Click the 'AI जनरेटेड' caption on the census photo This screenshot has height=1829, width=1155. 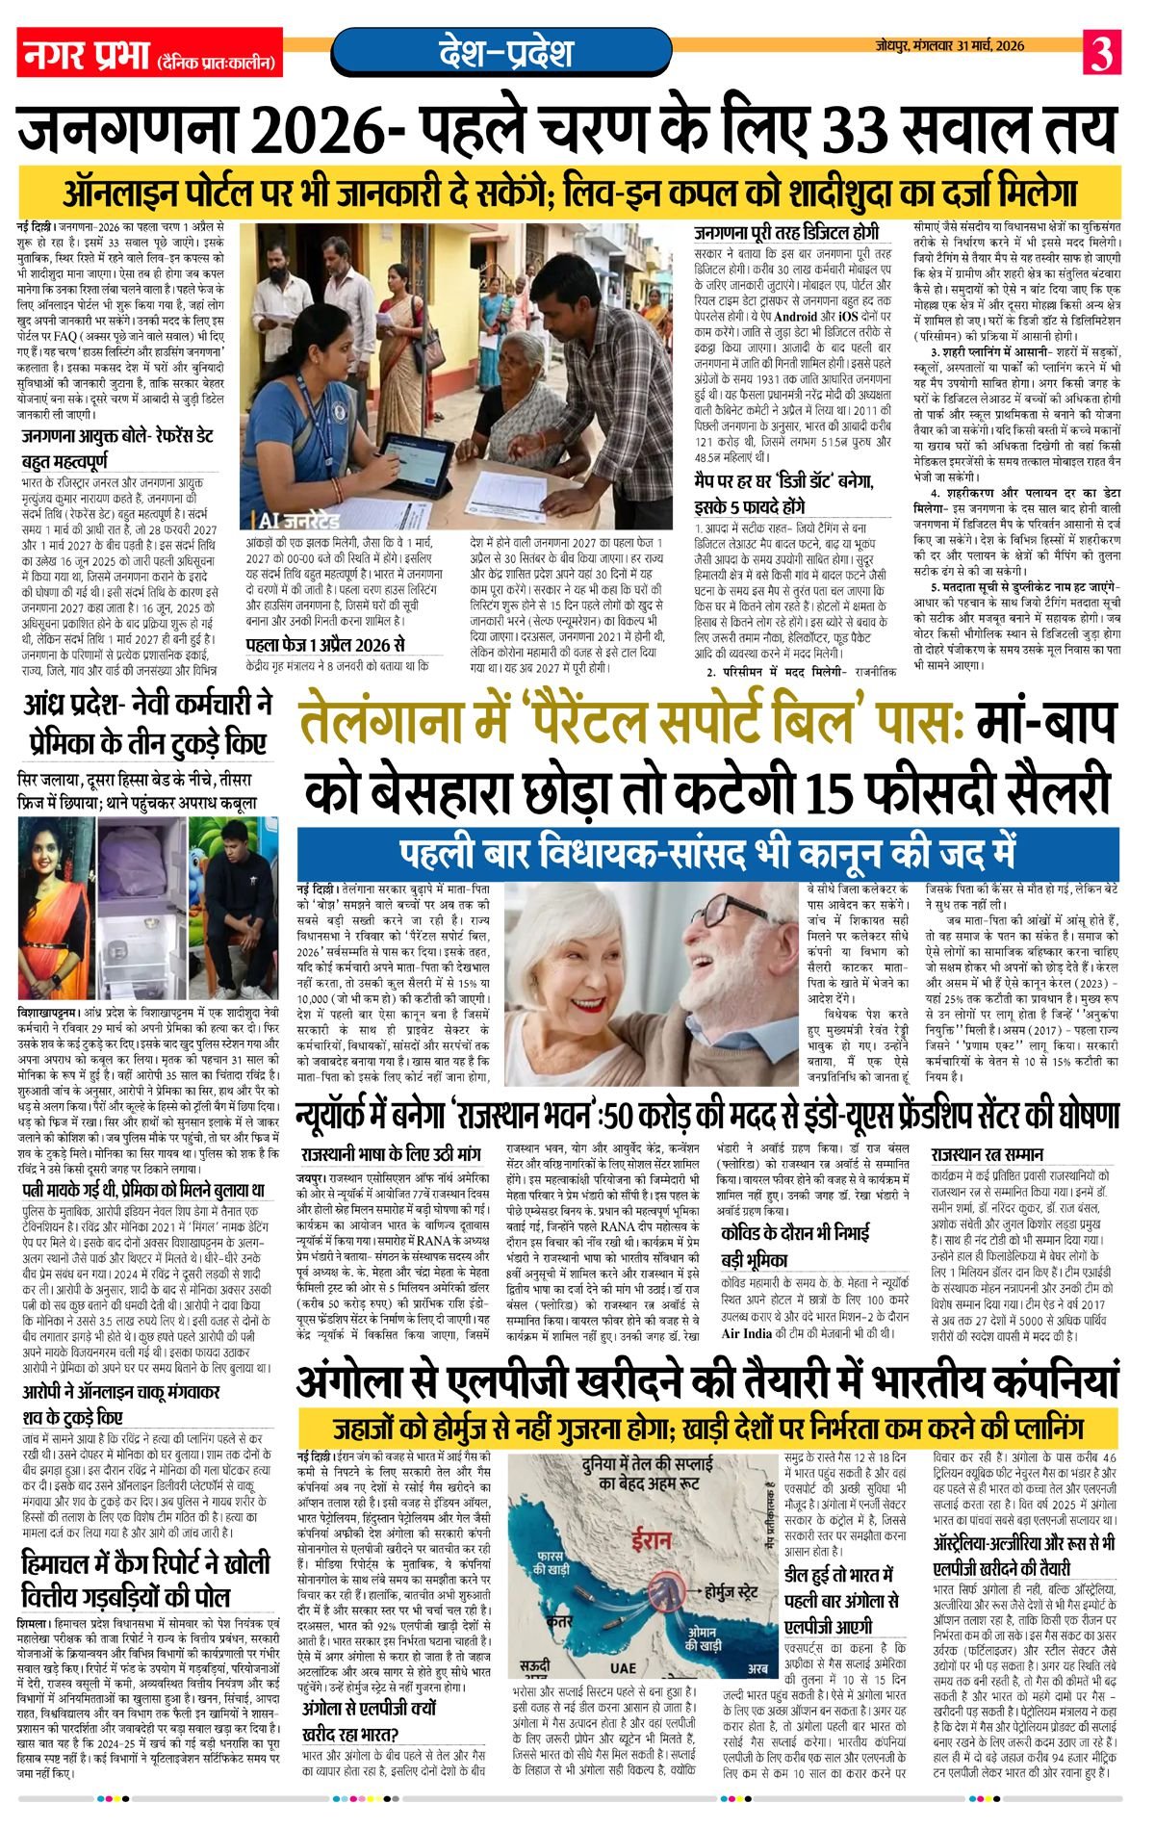click(x=299, y=521)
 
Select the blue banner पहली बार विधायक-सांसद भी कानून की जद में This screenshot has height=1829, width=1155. click(x=707, y=853)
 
